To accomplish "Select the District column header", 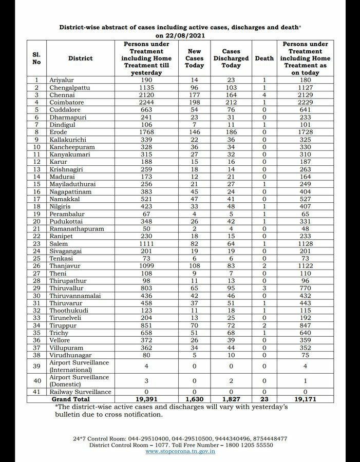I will pos(80,59).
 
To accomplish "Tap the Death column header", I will pos(264,59).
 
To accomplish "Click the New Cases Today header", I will pos(195,59).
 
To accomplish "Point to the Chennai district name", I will pos(62,95).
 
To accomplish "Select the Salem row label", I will pos(59,243).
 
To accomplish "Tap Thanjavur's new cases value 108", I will pos(195,266).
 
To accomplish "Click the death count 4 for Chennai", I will pos(264,95).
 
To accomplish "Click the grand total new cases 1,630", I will pos(195,399).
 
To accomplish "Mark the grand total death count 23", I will pos(264,399).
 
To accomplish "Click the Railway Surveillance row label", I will pos(80,392).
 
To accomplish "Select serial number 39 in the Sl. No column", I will pos(36,366).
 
